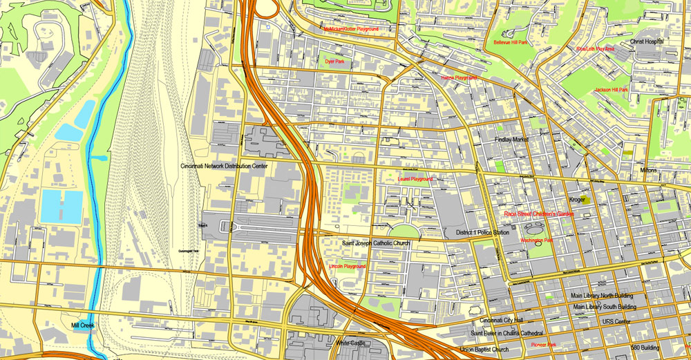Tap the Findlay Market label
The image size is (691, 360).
pos(511,140)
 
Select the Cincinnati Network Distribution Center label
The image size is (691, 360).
pos(223,167)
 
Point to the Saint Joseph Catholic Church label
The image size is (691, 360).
pos(376,244)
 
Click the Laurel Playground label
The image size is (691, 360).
pos(415,179)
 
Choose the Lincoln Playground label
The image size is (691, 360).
pos(348,266)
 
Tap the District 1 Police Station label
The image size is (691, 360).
pos(482,233)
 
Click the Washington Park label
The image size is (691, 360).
pos(536,240)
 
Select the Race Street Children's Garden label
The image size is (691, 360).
pos(539,214)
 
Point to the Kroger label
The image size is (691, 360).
pos(577,200)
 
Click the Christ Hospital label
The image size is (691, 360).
pos(646,41)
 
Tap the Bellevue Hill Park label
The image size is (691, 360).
pos(510,42)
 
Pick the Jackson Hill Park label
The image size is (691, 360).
pos(611,90)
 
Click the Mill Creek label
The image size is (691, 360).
pos(82,325)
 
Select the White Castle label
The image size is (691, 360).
pos(350,343)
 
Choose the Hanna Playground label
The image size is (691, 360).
pos(459,78)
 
